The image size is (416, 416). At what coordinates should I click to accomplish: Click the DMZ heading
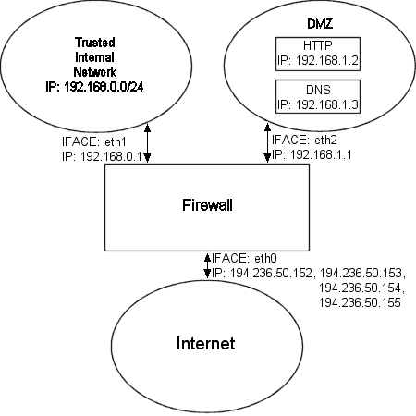pyautogui.click(x=320, y=24)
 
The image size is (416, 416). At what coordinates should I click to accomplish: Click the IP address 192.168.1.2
pyautogui.click(x=327, y=61)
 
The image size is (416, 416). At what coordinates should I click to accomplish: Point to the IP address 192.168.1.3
pyautogui.click(x=327, y=105)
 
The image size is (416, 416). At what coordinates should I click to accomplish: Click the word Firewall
pyautogui.click(x=207, y=205)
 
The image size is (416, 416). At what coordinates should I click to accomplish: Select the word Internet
pyautogui.click(x=205, y=343)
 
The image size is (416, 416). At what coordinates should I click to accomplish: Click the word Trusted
pyautogui.click(x=95, y=43)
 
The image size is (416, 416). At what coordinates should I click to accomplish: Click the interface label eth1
pyautogui.click(x=116, y=141)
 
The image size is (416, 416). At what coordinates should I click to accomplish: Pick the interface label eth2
pyautogui.click(x=325, y=141)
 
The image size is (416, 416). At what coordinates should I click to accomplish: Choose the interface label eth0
pyautogui.click(x=265, y=258)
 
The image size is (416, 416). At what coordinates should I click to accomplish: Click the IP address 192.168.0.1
pyautogui.click(x=111, y=156)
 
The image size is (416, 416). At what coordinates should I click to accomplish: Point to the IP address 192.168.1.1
pyautogui.click(x=321, y=154)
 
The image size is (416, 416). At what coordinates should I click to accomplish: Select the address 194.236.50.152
pyautogui.click(x=271, y=273)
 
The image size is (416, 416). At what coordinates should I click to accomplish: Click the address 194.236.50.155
pyautogui.click(x=360, y=302)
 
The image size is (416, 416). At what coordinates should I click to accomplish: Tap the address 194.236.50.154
pyautogui.click(x=360, y=288)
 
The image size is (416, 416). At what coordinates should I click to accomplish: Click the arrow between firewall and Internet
pyautogui.click(x=207, y=265)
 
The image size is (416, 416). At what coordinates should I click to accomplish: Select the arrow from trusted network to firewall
pyautogui.click(x=148, y=143)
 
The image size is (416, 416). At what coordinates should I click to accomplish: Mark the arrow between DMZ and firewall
pyautogui.click(x=267, y=143)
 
